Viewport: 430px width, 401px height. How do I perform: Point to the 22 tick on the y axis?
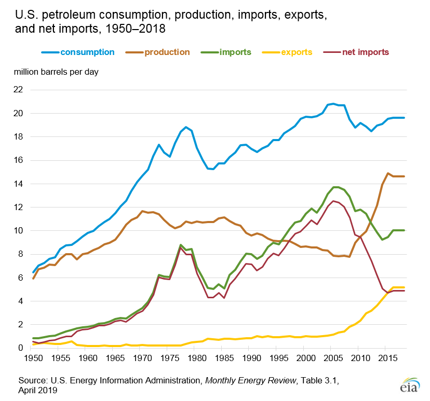click(x=19, y=90)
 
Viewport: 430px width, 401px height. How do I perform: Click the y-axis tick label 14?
click(x=19, y=184)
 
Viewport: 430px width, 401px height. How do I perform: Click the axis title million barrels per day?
click(x=56, y=72)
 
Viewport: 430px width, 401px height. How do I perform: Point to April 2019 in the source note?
click(x=37, y=391)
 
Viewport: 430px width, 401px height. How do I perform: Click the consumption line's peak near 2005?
click(x=333, y=104)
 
